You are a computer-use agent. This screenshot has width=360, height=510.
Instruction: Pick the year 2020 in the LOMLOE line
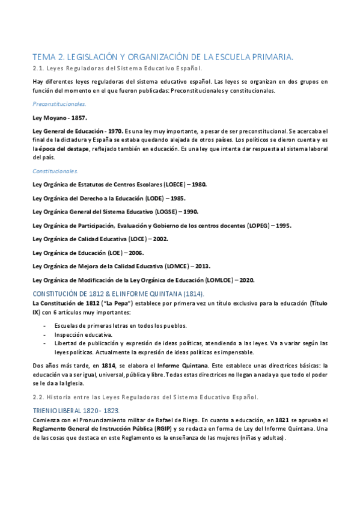click(x=245, y=280)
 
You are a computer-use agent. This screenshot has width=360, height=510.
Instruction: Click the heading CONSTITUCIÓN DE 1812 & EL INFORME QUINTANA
click(x=119, y=293)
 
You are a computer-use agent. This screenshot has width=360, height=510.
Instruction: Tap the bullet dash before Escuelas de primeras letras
click(x=45, y=325)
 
